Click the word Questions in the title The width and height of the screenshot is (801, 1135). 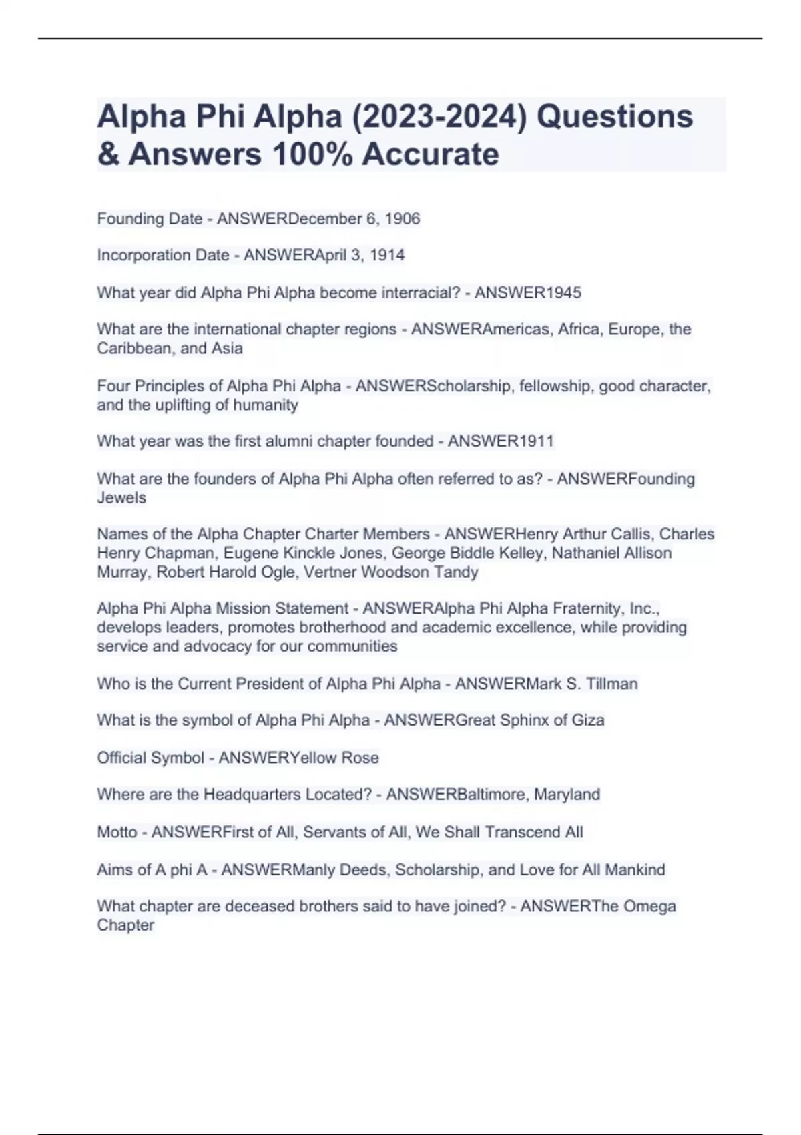tap(615, 116)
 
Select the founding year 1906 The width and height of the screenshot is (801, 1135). tap(403, 219)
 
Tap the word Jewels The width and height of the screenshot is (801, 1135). tap(121, 498)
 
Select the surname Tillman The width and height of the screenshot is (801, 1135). tap(612, 684)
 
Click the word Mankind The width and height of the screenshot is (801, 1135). tap(631, 870)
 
